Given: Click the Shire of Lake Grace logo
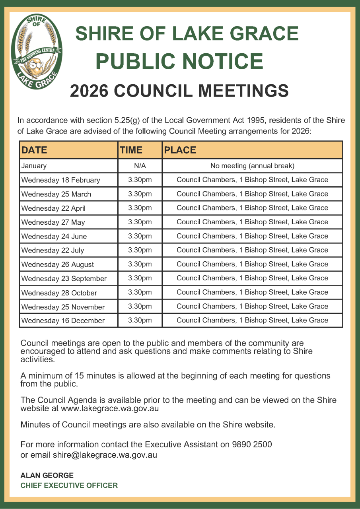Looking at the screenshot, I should pyautogui.click(x=37, y=52).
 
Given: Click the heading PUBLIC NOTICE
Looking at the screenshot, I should pyautogui.click(x=179, y=61).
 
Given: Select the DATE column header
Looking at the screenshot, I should pyautogui.click(x=34, y=150).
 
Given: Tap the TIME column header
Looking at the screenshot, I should pyautogui.click(x=131, y=150).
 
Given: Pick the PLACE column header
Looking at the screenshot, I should pyautogui.click(x=180, y=150).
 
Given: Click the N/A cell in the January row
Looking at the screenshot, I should pyautogui.click(x=140, y=166).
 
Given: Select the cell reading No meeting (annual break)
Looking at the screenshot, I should pyautogui.click(x=252, y=166).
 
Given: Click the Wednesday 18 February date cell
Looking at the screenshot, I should pyautogui.click(x=60, y=180).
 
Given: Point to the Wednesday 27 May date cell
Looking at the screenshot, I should pyautogui.click(x=53, y=222).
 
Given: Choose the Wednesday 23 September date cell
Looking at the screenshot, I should pyautogui.click(x=64, y=278).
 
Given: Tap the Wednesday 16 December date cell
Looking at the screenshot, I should pyautogui.click(x=63, y=321).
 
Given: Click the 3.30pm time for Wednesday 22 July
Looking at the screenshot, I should pyautogui.click(x=140, y=250).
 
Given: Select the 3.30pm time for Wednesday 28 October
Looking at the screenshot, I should pyautogui.click(x=140, y=292).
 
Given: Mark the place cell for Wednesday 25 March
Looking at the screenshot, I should pyautogui.click(x=252, y=194).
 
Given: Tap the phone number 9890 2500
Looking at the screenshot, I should pyautogui.click(x=252, y=444).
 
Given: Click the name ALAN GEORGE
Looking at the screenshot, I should pyautogui.click(x=47, y=476).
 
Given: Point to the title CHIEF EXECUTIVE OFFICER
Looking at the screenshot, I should pyautogui.click(x=69, y=486).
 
